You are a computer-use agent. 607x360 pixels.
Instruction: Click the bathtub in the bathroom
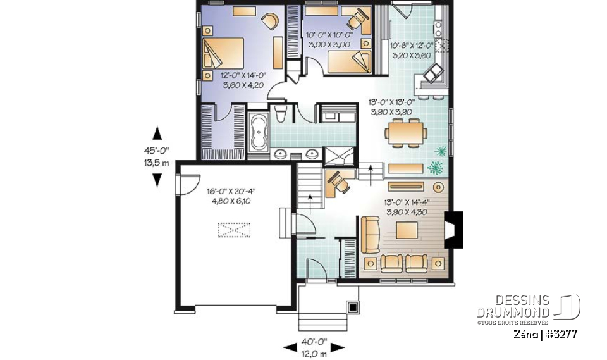(257, 133)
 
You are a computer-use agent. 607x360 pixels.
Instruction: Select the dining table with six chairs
(405, 133)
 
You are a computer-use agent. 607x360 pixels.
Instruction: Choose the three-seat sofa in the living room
(370, 233)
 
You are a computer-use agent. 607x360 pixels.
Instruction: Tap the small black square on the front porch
(352, 307)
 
